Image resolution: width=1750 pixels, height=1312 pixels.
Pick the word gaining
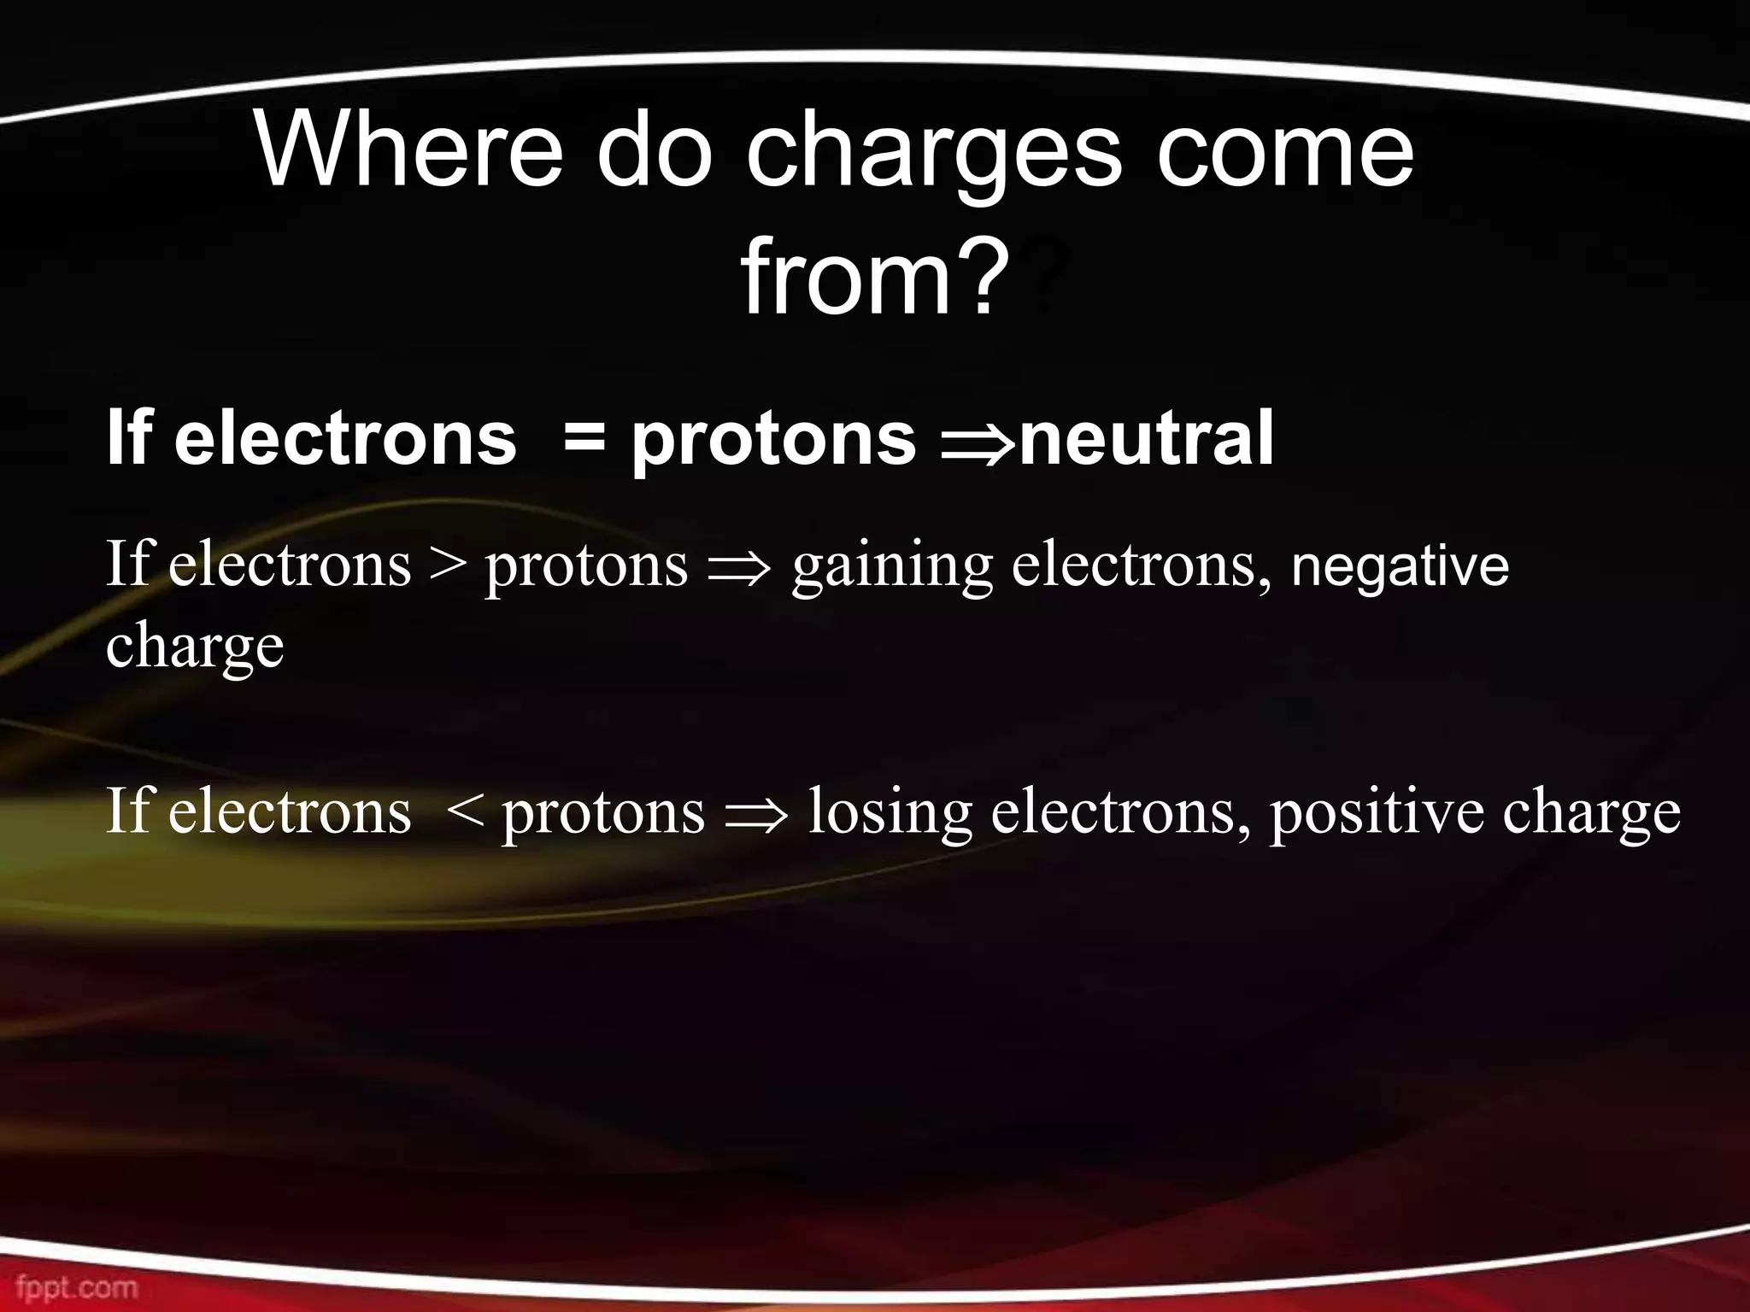[892, 569]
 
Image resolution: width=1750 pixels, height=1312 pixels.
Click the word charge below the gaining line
[195, 649]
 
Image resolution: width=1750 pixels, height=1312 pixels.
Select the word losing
[890, 816]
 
